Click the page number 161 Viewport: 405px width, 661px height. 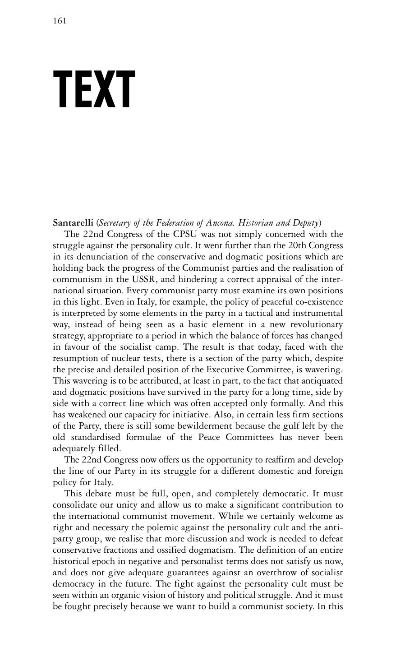pos(60,21)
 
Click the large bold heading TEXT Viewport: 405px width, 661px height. pos(94,90)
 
